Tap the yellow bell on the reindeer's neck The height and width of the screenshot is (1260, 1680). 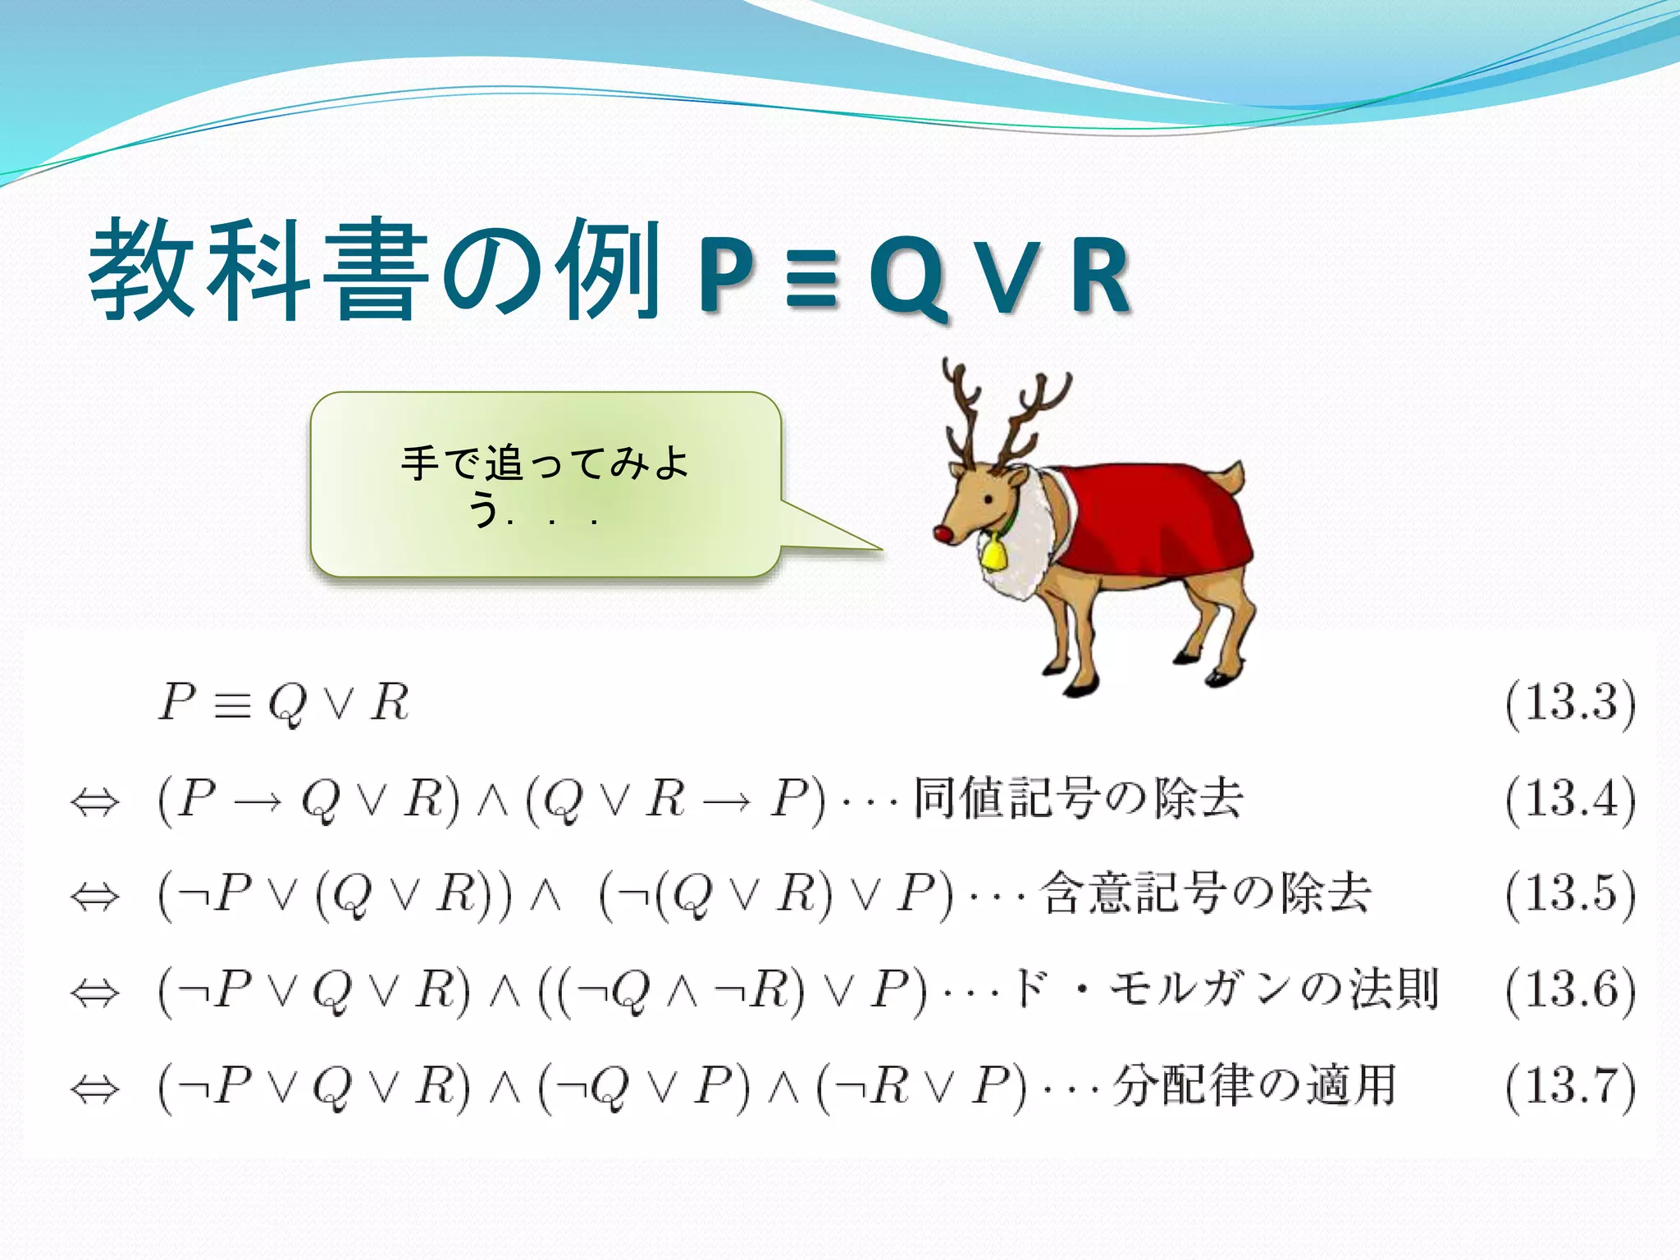click(x=993, y=552)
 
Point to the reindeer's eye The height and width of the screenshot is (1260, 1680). click(x=988, y=499)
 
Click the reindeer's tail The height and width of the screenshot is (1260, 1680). click(x=1232, y=477)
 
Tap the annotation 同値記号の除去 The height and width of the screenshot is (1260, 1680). click(x=1078, y=797)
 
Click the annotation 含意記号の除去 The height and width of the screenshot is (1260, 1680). click(x=1206, y=893)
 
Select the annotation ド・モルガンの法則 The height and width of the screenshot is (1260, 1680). click(x=1226, y=989)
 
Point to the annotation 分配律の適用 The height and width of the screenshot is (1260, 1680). click(x=1254, y=1086)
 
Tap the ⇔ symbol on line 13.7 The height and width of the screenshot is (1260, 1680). click(x=95, y=1089)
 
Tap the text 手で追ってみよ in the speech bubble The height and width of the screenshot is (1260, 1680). click(x=545, y=463)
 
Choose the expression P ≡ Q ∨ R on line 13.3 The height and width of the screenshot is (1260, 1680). click(x=284, y=704)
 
